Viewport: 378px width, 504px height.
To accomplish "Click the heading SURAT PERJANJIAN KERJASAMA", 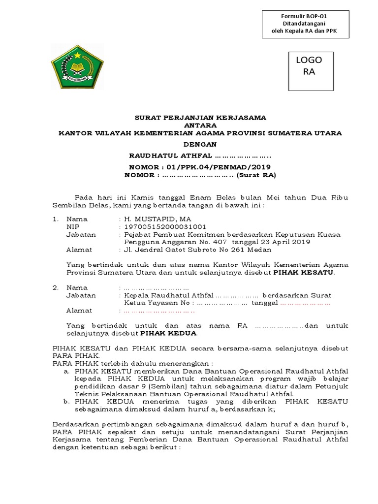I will pos(200,118).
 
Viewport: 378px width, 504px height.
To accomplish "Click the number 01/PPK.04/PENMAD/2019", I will pos(216,167).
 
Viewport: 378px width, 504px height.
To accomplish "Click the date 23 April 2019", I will pos(284,242).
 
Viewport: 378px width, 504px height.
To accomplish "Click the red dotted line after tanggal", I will pos(305,303).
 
